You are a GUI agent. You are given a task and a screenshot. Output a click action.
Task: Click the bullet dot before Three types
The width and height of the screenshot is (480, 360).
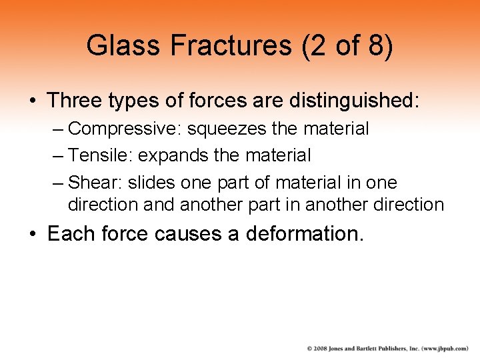(x=32, y=101)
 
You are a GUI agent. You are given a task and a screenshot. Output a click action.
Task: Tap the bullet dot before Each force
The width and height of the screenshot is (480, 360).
(x=32, y=235)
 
